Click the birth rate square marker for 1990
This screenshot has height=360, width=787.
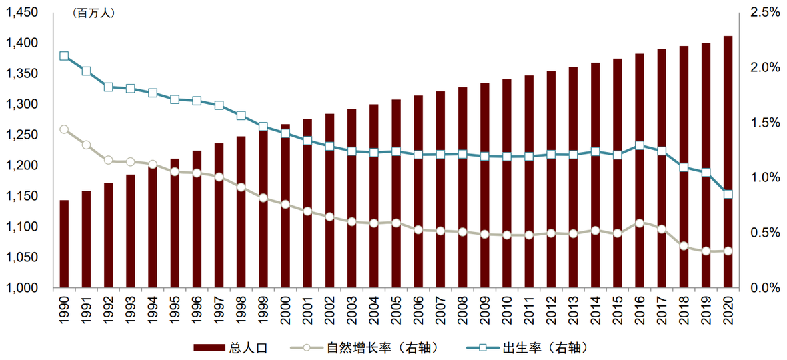64,56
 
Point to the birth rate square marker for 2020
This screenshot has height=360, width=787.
728,195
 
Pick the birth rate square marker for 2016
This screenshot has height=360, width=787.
640,145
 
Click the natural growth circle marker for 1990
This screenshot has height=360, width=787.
64,129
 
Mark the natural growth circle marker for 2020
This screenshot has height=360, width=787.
728,251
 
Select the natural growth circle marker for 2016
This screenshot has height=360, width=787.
640,223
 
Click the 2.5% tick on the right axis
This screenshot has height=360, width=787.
764,12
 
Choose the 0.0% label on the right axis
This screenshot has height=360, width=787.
764,288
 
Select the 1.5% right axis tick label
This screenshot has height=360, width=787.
764,123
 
